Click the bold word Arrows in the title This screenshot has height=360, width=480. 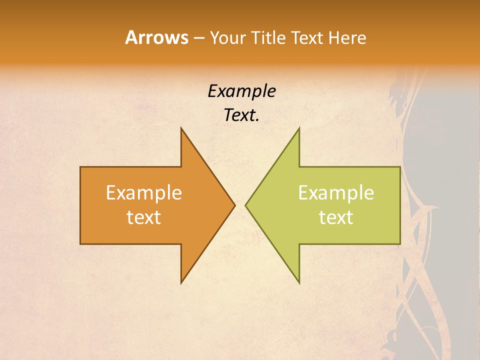point(156,37)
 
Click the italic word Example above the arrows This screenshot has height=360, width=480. point(241,91)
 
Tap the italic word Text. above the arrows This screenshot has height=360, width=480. point(241,115)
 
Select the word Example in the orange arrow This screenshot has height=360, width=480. point(144,193)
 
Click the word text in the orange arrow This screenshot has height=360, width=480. point(144,217)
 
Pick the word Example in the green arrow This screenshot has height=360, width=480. point(336,193)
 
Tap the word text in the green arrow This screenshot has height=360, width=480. point(336,217)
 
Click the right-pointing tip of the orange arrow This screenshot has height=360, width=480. point(234,205)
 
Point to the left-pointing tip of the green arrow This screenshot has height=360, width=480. point(245,205)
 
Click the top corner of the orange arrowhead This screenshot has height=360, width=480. point(181,128)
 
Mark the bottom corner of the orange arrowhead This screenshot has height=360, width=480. point(181,283)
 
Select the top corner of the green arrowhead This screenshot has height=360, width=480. point(299,128)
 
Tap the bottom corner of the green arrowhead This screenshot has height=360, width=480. point(299,283)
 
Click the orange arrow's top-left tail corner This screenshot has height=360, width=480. point(80,167)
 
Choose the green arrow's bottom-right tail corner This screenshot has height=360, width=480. point(400,244)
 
